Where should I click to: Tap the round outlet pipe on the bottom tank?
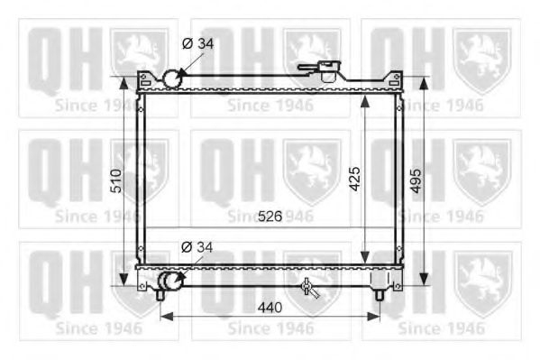pos(169,283)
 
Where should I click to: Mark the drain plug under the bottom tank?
pos(309,288)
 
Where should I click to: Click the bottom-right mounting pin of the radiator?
pos(380,291)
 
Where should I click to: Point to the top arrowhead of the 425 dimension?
pos(363,97)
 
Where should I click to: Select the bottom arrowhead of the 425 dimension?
pos(363,259)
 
